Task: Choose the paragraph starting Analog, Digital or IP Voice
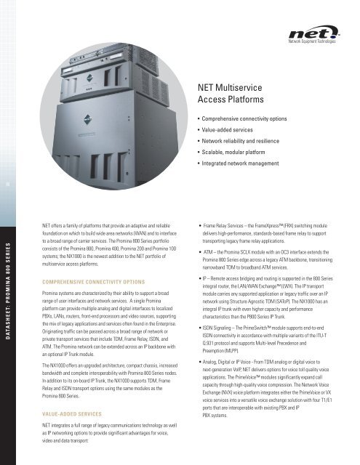coord(273,401)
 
